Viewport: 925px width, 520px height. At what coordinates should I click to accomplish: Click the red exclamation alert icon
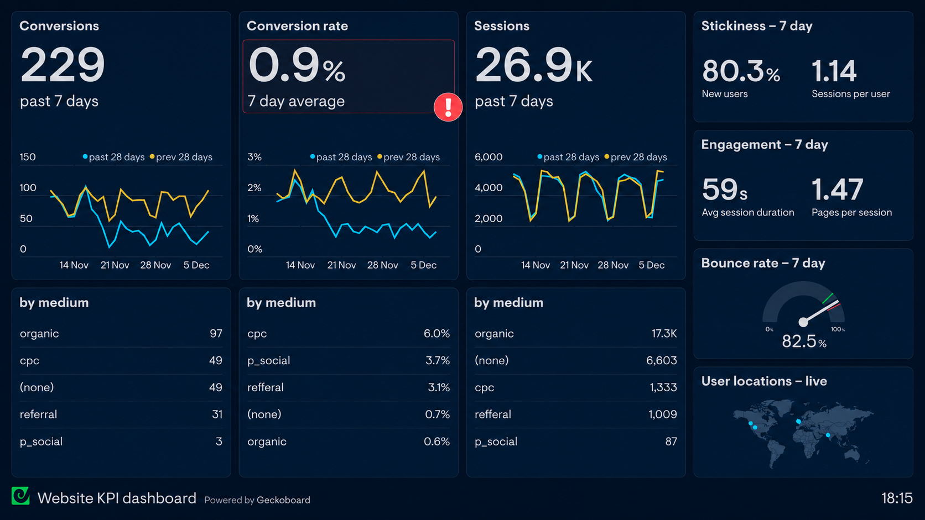pos(448,107)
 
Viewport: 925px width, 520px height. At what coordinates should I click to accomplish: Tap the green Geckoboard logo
pos(20,496)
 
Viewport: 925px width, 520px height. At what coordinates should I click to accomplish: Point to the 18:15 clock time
pos(897,498)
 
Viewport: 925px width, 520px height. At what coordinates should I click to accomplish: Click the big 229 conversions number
pos(63,65)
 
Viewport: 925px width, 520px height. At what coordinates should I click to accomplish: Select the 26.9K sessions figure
pos(533,65)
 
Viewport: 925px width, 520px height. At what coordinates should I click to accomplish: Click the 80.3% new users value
pos(741,71)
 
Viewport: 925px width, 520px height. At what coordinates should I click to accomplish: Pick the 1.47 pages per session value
pos(837,190)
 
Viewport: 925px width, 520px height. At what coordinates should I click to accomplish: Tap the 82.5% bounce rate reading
pos(804,342)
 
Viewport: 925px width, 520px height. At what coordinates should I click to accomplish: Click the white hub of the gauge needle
pos(803,322)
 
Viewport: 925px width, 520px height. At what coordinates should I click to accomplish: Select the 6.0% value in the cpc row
pos(436,333)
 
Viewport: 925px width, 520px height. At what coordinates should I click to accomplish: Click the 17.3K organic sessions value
pos(664,333)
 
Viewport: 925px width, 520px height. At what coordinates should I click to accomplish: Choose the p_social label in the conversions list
pos(41,442)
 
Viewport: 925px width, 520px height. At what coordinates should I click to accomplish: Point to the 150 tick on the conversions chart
pos(28,157)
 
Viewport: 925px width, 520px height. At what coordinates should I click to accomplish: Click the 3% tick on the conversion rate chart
pos(254,157)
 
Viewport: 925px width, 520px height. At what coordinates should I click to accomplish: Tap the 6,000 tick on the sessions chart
pos(489,157)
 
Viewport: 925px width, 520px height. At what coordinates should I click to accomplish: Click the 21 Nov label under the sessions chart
pos(574,265)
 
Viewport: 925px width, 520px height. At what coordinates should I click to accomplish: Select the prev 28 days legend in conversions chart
pos(181,157)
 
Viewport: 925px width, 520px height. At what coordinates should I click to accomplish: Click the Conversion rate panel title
pos(297,26)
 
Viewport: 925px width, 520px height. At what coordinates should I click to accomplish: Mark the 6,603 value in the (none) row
pos(662,360)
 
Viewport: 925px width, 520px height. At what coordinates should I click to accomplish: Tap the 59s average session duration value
pos(724,190)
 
